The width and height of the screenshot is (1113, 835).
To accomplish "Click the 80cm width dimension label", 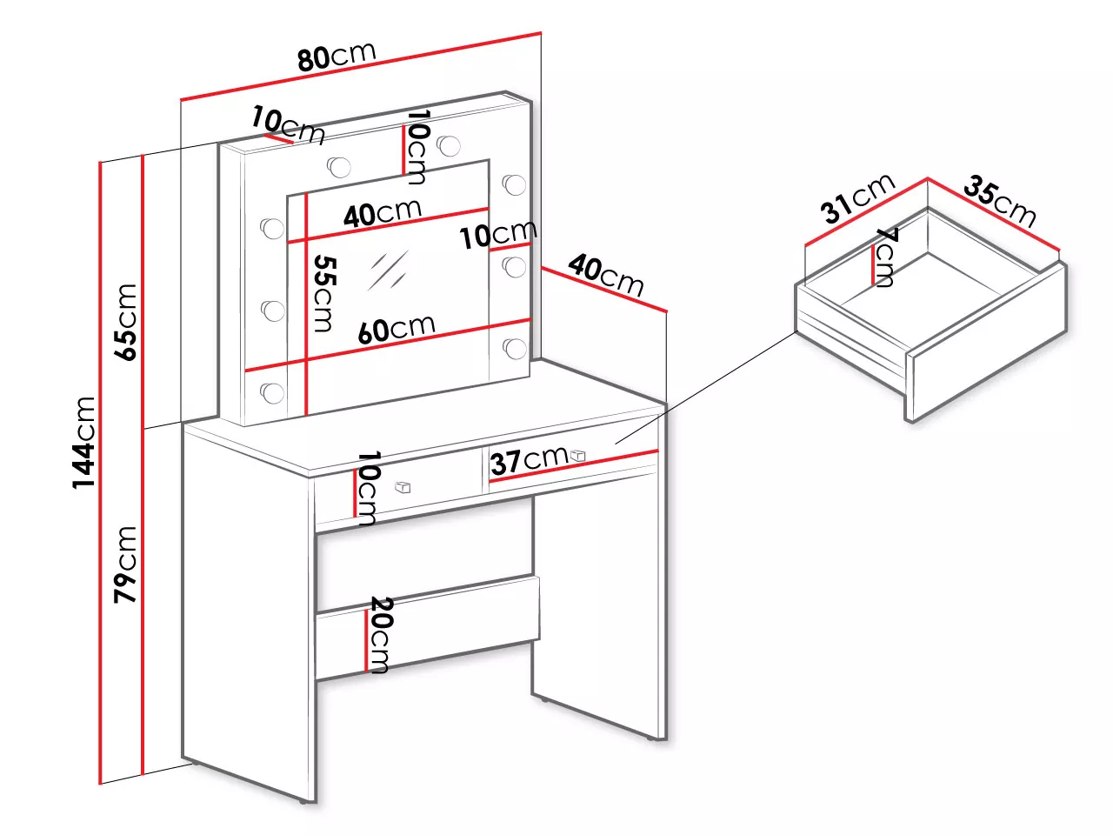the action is click(x=337, y=56).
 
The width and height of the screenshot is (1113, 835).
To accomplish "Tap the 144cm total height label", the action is click(x=83, y=443).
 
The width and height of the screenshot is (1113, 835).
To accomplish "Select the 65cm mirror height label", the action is click(x=125, y=322).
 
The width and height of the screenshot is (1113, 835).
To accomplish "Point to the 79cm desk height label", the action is click(x=125, y=564).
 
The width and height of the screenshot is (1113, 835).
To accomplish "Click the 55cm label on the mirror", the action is click(x=324, y=293).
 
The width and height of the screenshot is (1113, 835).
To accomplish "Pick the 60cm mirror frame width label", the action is click(x=396, y=329).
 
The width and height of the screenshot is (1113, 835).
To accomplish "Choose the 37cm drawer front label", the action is click(x=529, y=460).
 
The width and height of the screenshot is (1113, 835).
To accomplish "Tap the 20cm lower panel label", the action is click(x=380, y=635).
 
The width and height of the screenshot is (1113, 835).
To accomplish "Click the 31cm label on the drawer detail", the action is click(x=857, y=197).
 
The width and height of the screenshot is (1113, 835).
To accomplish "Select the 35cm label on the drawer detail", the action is click(x=999, y=201).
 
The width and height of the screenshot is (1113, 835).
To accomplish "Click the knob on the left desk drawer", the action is click(x=403, y=487).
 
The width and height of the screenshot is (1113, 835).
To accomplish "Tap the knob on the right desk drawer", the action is click(x=577, y=455).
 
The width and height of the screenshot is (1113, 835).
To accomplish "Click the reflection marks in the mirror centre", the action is click(x=388, y=270).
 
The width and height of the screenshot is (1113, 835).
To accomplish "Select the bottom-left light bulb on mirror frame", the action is click(x=272, y=392).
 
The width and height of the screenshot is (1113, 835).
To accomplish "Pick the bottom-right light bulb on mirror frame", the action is click(x=515, y=348).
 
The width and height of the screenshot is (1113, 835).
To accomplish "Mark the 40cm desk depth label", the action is click(x=605, y=276).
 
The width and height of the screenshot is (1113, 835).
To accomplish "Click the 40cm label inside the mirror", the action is click(x=383, y=213).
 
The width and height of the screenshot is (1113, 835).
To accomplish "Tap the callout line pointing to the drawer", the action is click(x=705, y=388).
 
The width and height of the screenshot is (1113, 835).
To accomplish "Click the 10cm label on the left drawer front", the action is click(x=368, y=488).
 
